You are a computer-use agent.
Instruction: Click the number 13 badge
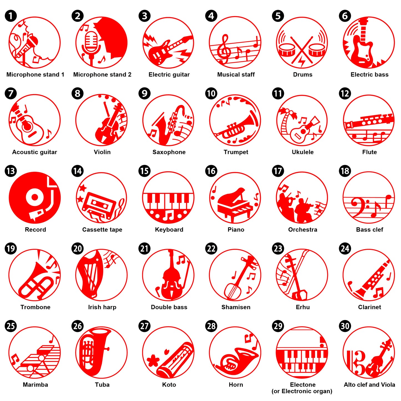click(x=11, y=171)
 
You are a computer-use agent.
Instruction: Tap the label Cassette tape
click(x=102, y=229)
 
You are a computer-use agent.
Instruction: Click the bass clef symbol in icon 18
click(x=359, y=207)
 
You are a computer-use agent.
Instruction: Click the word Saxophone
click(x=169, y=152)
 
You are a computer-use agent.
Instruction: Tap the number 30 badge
click(x=345, y=326)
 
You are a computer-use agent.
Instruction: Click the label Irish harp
click(x=102, y=307)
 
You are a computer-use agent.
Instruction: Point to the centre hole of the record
click(x=35, y=197)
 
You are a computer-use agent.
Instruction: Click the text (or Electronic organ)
click(x=302, y=391)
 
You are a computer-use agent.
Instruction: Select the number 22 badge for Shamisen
click(x=211, y=248)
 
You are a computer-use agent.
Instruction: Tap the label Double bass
click(x=169, y=307)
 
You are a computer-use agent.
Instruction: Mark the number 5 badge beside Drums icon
click(x=278, y=16)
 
